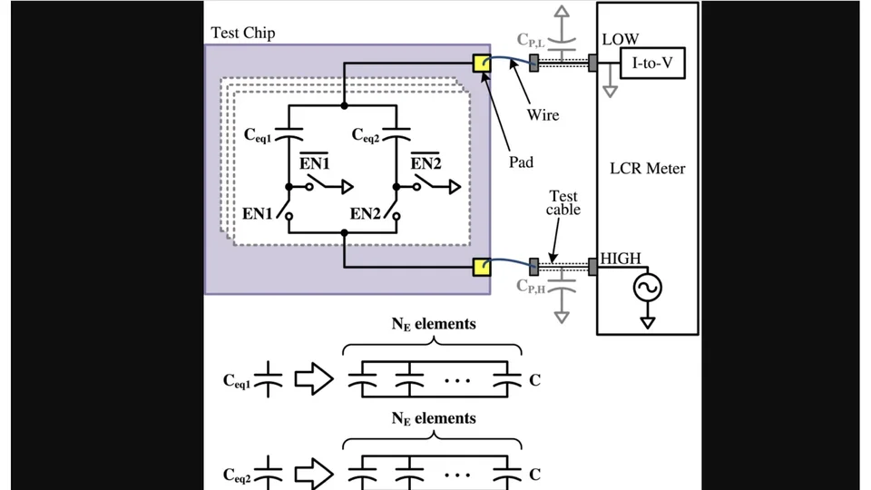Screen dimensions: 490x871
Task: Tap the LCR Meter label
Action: point(648,169)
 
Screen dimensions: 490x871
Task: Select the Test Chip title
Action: point(243,34)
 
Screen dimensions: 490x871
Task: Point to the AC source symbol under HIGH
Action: point(648,289)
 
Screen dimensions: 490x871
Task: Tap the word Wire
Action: point(543,115)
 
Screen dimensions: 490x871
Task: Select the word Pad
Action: point(521,162)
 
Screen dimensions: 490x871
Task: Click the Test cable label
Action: point(563,203)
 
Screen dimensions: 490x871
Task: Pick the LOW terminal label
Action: point(621,40)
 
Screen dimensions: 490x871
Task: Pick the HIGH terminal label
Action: point(621,260)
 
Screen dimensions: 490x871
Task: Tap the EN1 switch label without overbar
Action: point(259,215)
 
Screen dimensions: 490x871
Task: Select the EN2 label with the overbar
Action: point(426,163)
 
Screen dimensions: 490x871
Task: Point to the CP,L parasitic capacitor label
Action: point(533,39)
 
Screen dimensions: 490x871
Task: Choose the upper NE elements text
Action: point(433,324)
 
